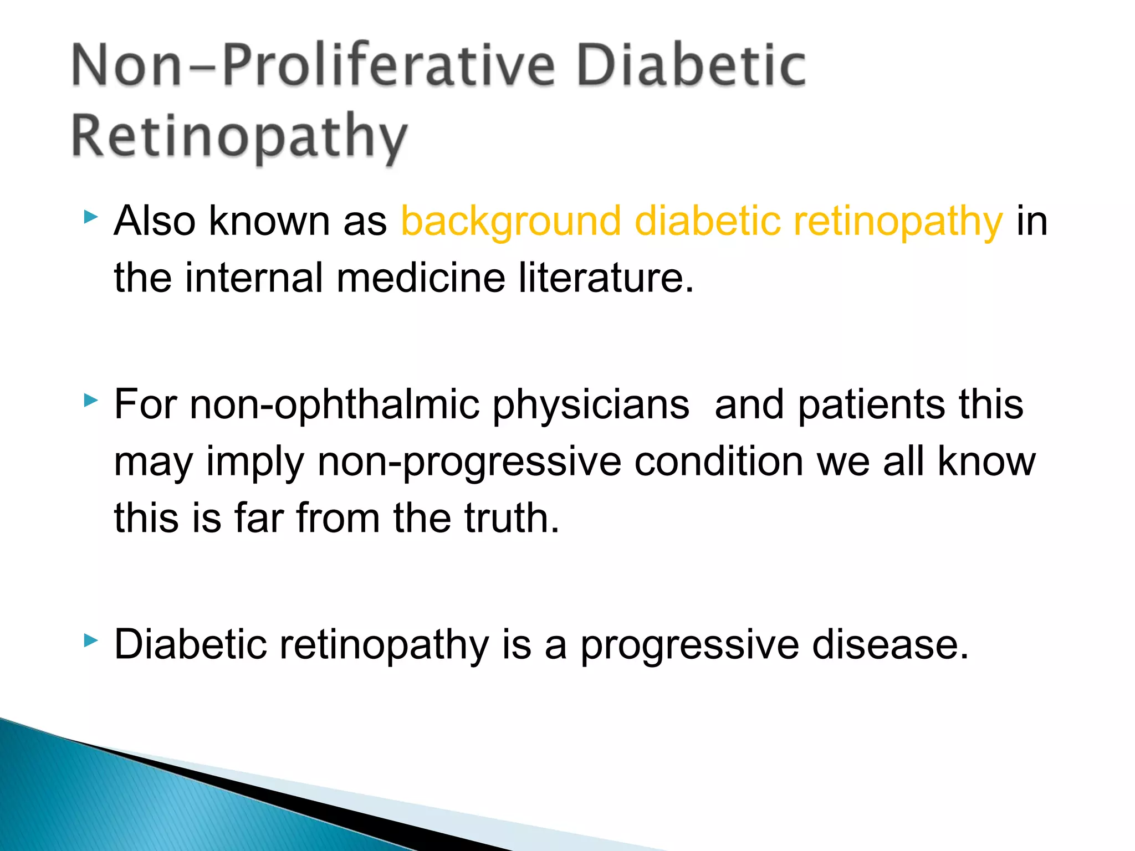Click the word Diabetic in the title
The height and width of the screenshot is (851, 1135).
[691, 66]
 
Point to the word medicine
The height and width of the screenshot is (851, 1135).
[421, 278]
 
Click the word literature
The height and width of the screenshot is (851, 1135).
[605, 278]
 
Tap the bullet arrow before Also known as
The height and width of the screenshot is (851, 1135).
[91, 217]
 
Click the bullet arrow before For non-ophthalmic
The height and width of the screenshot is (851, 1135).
[91, 400]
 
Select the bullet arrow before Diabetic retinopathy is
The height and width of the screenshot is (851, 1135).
[91, 641]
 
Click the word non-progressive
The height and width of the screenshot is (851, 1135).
[469, 462]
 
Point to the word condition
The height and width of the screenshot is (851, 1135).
[718, 462]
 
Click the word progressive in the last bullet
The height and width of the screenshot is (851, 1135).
[689, 645]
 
